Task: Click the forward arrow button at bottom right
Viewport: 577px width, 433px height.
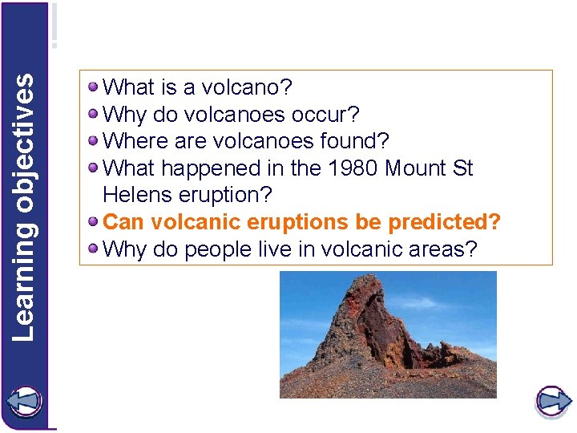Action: (x=552, y=401)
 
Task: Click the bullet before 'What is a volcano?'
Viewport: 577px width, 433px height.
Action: (x=95, y=86)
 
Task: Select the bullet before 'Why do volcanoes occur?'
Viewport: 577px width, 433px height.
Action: (x=95, y=113)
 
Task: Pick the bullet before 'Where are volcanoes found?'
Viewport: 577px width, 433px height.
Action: (x=95, y=140)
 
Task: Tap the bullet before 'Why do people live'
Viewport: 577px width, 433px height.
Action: (x=95, y=249)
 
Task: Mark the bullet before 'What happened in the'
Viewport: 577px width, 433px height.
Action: (x=95, y=168)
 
